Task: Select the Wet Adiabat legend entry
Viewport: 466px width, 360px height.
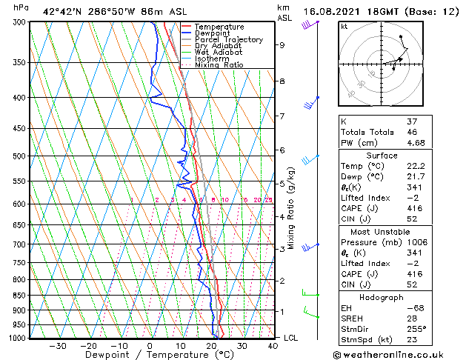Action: (x=219, y=52)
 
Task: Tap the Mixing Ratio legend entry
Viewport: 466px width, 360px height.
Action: (x=219, y=64)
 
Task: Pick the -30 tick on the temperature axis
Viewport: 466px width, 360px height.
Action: (x=57, y=345)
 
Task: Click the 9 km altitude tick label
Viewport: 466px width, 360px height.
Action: (x=282, y=44)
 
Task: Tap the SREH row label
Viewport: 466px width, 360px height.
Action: (x=352, y=318)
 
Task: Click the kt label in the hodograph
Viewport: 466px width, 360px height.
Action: (x=344, y=27)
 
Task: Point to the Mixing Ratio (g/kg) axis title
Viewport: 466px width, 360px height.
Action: (x=291, y=208)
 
